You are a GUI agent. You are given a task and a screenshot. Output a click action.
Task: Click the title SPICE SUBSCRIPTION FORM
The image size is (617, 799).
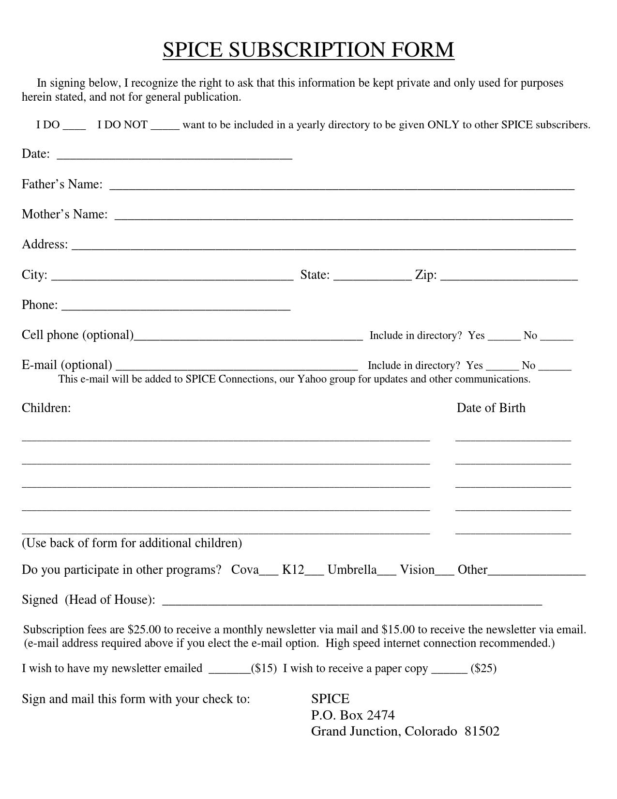308,50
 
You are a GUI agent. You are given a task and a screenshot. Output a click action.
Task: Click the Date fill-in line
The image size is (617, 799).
174,157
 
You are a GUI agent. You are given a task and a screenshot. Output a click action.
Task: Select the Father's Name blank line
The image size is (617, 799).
342,187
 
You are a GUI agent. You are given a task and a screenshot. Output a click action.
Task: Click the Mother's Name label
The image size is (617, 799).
64,214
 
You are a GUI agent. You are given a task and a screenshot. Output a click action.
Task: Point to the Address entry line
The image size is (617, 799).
323,247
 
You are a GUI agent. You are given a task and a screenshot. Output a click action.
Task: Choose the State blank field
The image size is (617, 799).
373,278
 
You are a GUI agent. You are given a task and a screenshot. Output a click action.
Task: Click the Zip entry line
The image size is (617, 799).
509,278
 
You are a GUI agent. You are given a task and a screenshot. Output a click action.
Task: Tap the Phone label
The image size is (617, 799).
39,305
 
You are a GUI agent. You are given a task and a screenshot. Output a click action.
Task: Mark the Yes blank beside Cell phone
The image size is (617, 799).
504,338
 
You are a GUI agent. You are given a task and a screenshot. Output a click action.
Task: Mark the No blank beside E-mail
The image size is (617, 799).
555,369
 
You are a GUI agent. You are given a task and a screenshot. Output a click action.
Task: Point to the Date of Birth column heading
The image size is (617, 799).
491,408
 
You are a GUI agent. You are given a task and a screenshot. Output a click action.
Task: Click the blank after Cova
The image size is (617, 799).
269,573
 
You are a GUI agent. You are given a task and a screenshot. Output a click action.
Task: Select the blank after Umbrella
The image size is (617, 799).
386,573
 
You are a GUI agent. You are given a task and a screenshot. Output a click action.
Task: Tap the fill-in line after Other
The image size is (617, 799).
537,573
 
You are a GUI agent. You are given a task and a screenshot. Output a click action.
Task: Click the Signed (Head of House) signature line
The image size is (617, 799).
352,603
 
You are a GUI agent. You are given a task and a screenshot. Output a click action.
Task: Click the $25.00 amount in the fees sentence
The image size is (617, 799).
144,630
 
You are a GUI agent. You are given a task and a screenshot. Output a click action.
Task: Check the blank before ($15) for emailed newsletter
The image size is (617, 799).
229,672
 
